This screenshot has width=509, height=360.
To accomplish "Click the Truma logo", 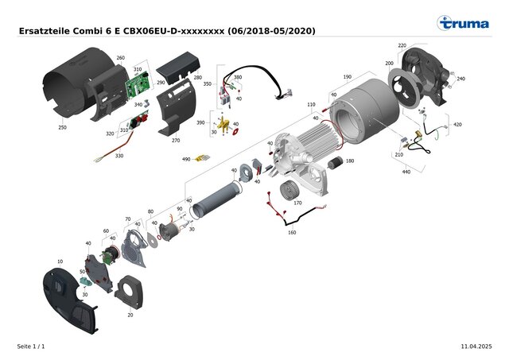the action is click(x=463, y=23).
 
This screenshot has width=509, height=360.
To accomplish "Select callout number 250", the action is click(x=62, y=127).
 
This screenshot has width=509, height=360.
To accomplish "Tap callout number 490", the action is click(x=186, y=159).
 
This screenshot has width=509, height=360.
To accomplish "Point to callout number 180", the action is click(x=350, y=161).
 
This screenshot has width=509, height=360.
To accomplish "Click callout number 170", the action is click(x=297, y=203).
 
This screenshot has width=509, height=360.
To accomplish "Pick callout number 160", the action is click(x=292, y=232).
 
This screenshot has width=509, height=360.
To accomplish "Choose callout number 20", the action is click(x=130, y=315).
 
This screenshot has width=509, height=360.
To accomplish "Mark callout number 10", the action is click(x=60, y=261).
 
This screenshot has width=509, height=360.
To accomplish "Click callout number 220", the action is click(x=402, y=45).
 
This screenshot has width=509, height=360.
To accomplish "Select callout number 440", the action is click(x=406, y=172).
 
